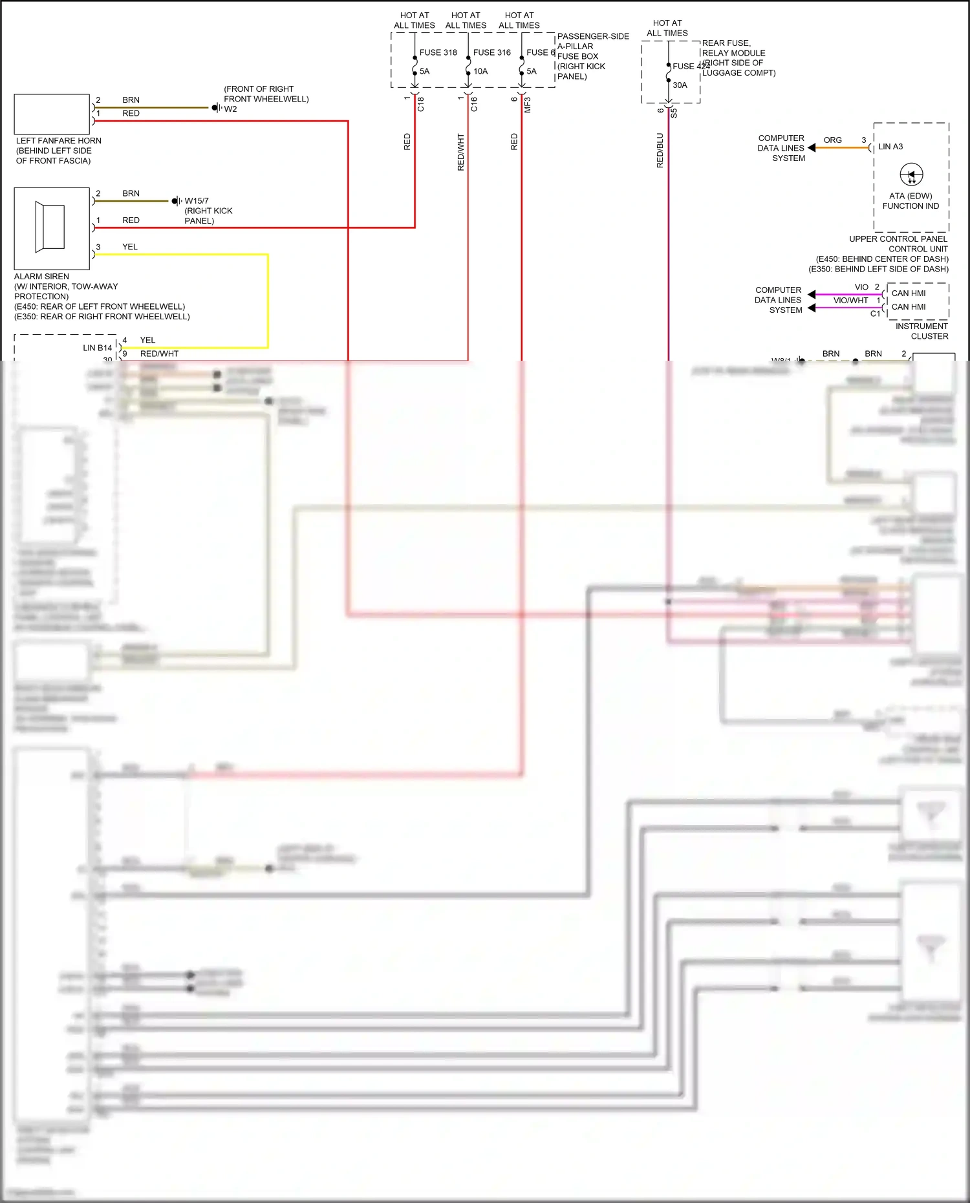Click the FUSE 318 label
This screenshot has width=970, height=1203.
(438, 52)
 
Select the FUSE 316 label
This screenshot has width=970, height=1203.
(491, 52)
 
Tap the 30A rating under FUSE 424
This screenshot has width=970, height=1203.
(680, 85)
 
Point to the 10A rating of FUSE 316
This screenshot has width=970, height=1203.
(480, 71)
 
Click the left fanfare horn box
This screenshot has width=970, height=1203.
(52, 114)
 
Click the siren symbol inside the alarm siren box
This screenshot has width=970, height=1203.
(50, 227)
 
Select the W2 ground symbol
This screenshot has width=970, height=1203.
(215, 108)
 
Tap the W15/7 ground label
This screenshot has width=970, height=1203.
(197, 200)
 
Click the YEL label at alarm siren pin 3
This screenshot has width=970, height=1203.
(130, 246)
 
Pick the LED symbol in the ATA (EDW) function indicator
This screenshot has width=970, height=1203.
(911, 175)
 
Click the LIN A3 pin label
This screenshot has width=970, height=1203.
(890, 147)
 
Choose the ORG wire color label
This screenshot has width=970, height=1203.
(832, 140)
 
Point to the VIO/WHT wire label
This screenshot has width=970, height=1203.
(850, 300)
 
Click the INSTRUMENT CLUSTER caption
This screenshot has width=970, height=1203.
(921, 331)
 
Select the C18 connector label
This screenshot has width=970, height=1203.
(421, 104)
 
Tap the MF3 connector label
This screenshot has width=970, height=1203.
(528, 105)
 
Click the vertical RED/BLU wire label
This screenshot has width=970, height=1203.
(660, 151)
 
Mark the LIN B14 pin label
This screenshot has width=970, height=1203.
(97, 348)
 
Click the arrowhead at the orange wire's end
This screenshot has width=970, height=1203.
(812, 148)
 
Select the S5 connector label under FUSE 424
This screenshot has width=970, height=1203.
(674, 112)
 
